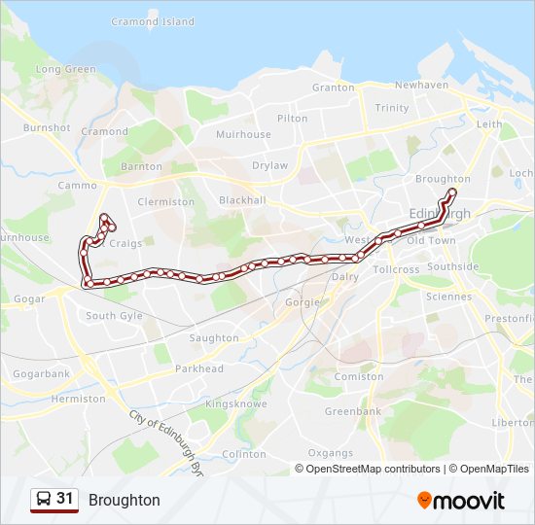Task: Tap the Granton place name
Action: (x=333, y=87)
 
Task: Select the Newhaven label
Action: (x=421, y=86)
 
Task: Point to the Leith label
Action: (x=489, y=125)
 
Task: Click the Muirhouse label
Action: (x=243, y=135)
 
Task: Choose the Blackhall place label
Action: (x=242, y=200)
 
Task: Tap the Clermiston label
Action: (x=166, y=202)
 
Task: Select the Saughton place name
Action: (x=214, y=338)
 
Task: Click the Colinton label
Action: (x=243, y=454)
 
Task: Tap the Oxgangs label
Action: (x=330, y=453)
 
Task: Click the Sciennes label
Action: (x=448, y=297)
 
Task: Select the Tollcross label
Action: (x=395, y=269)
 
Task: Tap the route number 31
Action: (x=65, y=499)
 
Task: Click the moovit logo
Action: (x=461, y=501)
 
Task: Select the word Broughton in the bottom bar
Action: (x=125, y=501)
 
